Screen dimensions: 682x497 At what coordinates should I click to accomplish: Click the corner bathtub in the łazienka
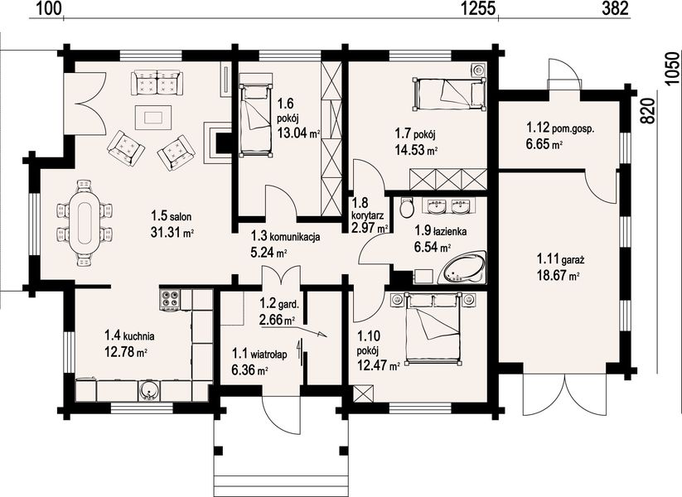462,269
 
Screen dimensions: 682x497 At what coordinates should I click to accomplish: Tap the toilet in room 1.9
407,207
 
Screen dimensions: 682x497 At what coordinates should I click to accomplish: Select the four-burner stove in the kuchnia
170,299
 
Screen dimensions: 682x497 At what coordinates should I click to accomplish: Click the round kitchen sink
149,390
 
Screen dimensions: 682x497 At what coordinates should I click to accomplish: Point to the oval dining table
84,223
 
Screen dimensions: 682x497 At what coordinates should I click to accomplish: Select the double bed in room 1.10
433,327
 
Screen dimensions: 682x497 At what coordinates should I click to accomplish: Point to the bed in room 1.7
449,94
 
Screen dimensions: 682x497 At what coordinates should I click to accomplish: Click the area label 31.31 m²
172,232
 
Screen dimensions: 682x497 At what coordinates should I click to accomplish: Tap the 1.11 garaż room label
560,260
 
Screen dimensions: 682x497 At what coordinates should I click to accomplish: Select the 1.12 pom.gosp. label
561,128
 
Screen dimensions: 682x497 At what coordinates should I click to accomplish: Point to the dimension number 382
616,8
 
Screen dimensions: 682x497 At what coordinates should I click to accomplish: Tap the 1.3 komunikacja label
286,237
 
